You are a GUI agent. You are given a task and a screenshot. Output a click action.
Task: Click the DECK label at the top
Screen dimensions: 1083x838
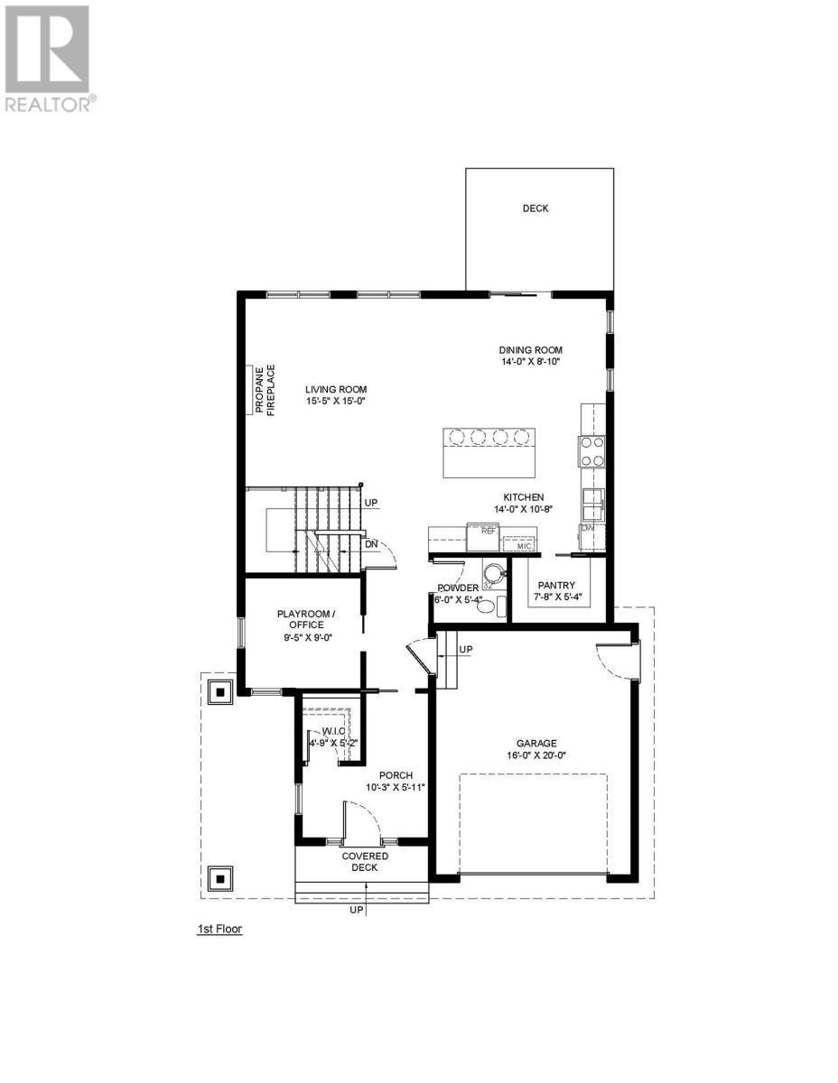click(535, 208)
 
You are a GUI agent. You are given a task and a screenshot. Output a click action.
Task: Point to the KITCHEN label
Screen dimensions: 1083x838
click(523, 496)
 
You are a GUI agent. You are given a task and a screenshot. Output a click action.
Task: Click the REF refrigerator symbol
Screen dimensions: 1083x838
click(489, 531)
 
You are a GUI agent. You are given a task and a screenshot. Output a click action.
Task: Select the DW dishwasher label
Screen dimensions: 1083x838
click(587, 528)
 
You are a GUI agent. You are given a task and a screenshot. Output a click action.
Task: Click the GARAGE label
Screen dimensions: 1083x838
click(536, 744)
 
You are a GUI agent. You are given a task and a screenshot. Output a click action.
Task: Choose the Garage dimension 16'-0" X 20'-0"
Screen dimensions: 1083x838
click(536, 756)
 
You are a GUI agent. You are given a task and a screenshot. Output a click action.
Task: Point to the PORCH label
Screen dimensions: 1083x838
click(396, 775)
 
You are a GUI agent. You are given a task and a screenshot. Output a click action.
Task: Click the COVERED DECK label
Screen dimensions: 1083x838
click(364, 861)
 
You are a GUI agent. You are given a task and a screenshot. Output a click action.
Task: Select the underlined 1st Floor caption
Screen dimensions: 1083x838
click(219, 928)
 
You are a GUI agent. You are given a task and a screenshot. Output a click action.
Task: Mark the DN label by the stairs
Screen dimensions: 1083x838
click(370, 544)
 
